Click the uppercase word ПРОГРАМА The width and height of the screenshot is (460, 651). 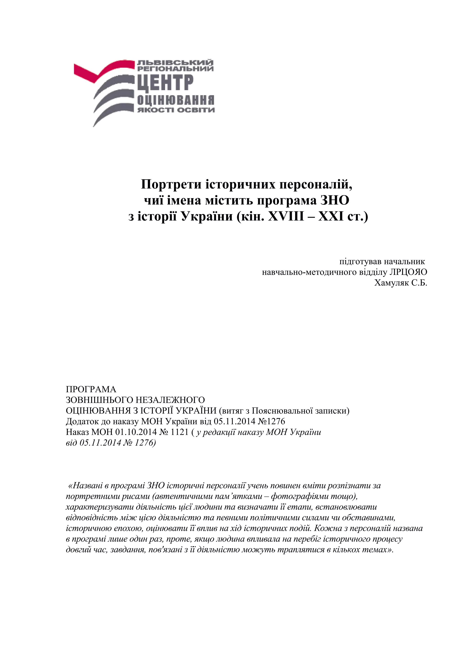[x=91, y=389]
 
